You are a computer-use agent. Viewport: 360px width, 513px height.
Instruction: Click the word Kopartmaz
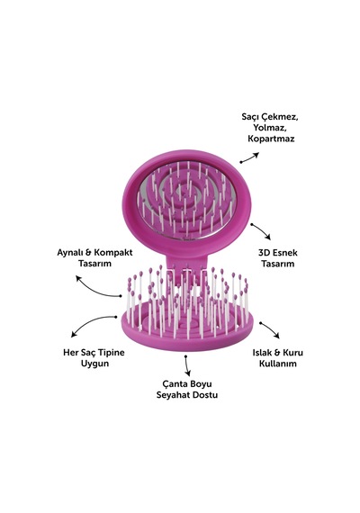click(271, 139)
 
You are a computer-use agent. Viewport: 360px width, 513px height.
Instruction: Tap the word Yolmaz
click(270, 127)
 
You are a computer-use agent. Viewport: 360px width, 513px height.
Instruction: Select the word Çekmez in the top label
click(281, 116)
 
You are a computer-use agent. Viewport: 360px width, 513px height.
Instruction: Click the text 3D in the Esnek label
click(264, 253)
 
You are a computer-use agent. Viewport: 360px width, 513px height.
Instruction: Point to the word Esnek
click(284, 253)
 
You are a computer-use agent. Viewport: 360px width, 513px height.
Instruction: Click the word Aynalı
click(69, 253)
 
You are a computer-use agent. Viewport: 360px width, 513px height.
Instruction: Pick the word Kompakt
click(113, 253)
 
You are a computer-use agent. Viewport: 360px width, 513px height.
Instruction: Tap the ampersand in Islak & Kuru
click(277, 353)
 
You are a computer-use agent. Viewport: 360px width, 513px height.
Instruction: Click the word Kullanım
click(278, 364)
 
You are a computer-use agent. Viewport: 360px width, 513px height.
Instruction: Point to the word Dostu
click(204, 395)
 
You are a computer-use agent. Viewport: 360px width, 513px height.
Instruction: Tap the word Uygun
click(94, 364)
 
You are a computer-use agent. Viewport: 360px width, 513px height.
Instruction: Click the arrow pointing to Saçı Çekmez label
click(249, 157)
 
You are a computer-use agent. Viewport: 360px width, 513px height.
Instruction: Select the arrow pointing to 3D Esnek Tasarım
click(262, 230)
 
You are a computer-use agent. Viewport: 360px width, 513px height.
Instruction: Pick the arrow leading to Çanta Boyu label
click(187, 365)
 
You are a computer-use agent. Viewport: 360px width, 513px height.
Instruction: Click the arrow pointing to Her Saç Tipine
click(90, 321)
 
